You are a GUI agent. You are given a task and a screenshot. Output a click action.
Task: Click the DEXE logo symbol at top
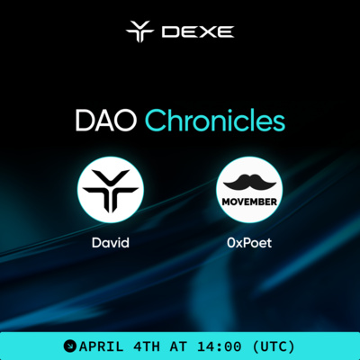tap(140, 32)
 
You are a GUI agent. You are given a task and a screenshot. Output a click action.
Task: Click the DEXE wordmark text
tap(197, 32)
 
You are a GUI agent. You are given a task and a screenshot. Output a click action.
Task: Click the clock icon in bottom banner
tap(69, 346)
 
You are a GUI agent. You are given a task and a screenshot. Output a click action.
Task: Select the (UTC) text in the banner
tap(278, 346)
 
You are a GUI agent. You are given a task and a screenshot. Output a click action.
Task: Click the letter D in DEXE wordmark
tap(170, 32)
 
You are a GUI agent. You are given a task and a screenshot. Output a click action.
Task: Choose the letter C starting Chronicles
tap(155, 121)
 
